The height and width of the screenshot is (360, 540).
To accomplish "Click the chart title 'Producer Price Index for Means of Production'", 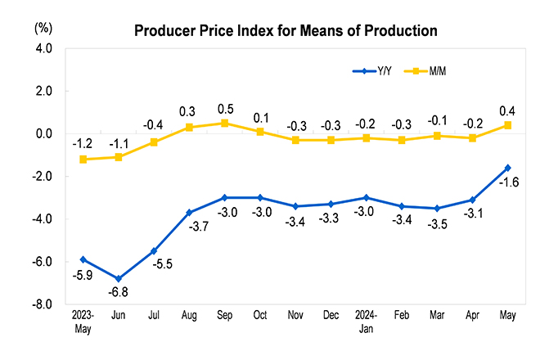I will point(286,31).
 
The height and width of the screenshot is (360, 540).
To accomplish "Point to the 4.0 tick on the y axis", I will point(43,49).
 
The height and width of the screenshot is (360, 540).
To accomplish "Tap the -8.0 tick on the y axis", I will point(42,304).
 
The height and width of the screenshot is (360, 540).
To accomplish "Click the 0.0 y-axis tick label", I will point(43,134).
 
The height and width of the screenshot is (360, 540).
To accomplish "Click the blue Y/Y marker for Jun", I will point(119,279).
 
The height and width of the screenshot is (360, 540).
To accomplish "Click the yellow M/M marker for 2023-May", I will point(83,160).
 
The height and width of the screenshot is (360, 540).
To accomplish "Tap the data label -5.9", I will point(83,275).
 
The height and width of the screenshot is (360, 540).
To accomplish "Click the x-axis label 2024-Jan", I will point(366,322).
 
